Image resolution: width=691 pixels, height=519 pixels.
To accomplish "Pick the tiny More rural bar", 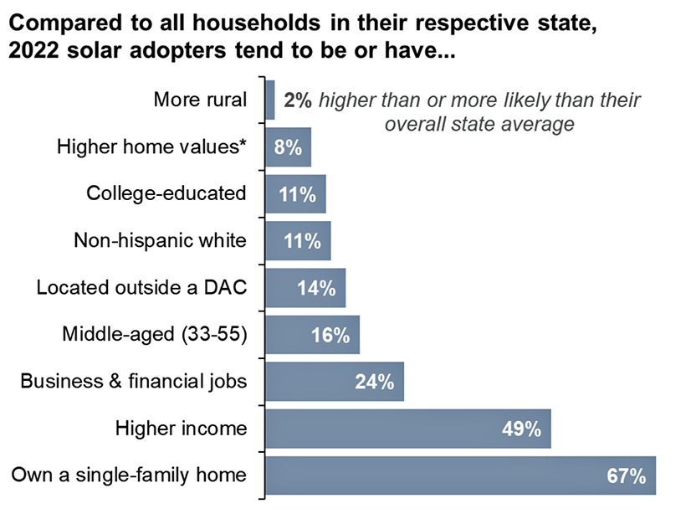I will [270, 100].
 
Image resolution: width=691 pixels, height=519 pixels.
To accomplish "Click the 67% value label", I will [626, 476].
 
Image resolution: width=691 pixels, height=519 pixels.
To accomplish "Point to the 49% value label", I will [521, 429].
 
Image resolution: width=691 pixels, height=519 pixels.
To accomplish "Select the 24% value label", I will [374, 383].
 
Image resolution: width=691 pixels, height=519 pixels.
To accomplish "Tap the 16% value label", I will [330, 336].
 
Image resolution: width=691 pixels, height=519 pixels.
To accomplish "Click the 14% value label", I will [316, 289].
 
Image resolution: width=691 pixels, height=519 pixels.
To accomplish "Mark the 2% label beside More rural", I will [297, 100].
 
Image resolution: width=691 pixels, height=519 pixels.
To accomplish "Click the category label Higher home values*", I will [151, 147].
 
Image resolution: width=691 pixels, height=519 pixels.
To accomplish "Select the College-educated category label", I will [166, 194].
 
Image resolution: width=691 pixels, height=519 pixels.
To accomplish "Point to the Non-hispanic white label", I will [160, 241].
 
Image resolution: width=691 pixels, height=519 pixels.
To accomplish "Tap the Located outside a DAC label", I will [141, 288].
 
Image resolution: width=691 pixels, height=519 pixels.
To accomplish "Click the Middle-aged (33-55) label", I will [155, 335].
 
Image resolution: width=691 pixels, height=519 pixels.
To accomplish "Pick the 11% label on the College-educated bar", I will [296, 195].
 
